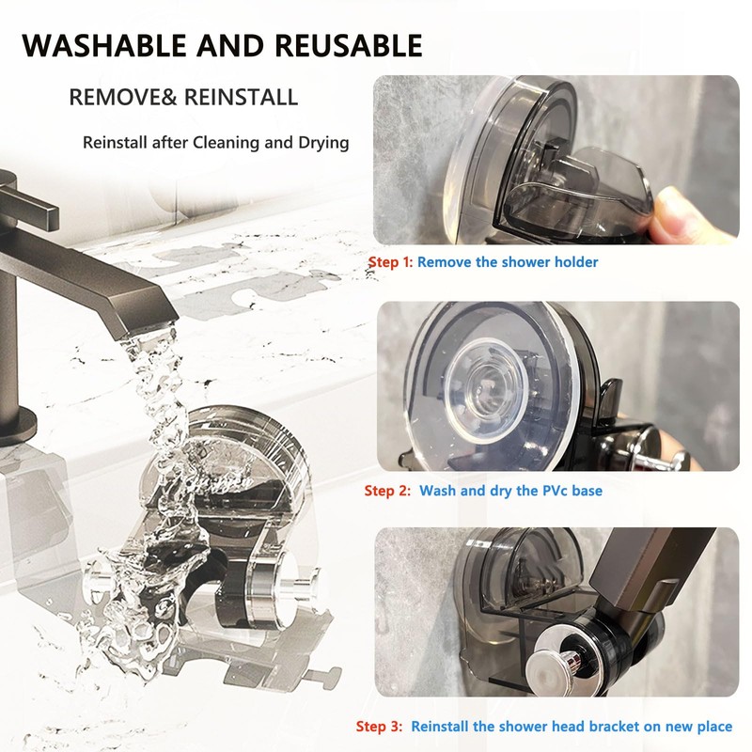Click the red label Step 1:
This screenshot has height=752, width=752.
(x=390, y=262)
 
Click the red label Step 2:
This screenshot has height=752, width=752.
(x=387, y=491)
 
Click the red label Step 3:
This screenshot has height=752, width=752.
(x=381, y=727)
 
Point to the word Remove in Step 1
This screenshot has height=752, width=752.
(x=445, y=262)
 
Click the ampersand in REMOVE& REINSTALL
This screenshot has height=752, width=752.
(x=180, y=97)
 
